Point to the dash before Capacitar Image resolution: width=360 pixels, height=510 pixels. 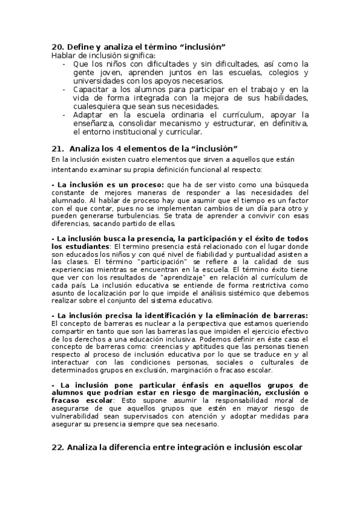(x=64, y=89)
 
